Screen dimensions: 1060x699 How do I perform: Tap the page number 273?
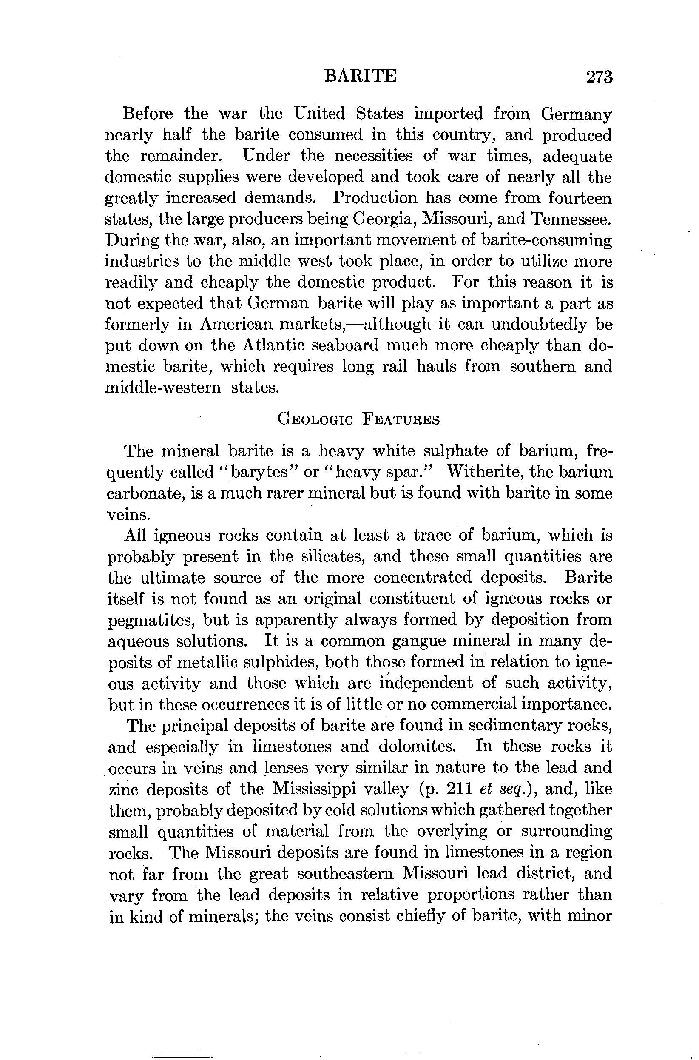pos(600,77)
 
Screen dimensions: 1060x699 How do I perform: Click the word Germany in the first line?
pos(576,114)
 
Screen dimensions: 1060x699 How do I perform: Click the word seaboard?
pos(359,345)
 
